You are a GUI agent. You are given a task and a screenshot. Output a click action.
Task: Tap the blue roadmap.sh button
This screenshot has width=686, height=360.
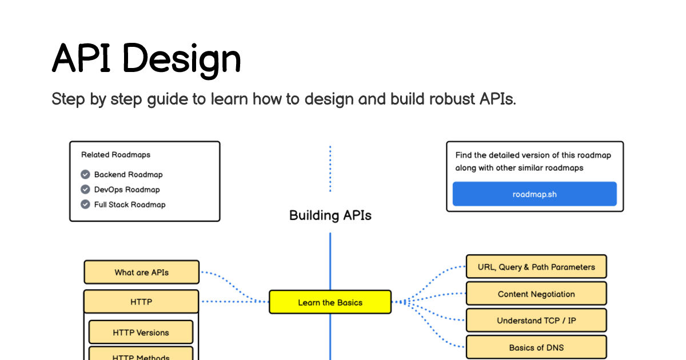pos(535,194)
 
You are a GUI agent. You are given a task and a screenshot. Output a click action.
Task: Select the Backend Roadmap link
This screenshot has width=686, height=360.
pos(128,175)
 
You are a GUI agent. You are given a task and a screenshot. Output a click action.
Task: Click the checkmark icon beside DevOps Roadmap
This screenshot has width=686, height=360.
pos(85,190)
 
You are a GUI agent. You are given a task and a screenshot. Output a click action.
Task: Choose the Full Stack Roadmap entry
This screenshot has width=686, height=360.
pos(130,205)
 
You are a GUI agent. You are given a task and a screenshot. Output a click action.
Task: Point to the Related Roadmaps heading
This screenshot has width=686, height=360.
pos(115,155)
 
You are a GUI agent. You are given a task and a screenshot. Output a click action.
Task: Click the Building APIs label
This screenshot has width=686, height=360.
pos(330,215)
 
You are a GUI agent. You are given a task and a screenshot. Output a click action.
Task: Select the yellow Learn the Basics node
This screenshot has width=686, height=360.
pos(330,302)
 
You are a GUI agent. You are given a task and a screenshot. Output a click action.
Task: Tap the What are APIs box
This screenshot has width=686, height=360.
pos(141,273)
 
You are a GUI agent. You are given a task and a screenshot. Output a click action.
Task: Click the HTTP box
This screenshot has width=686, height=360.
pos(141,301)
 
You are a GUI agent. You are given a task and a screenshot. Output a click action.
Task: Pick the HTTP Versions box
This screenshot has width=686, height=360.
pos(141,332)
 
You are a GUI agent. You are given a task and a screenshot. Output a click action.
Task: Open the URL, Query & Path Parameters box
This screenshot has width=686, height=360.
pos(536,267)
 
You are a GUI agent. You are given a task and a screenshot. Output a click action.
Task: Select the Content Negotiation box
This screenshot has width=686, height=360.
pos(536,294)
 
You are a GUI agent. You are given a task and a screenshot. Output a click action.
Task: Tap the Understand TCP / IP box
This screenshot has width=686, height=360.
pos(536,321)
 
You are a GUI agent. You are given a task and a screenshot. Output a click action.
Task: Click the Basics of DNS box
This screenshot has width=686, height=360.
pos(536,347)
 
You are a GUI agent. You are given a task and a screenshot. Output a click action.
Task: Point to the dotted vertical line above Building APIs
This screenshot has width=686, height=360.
pos(330,169)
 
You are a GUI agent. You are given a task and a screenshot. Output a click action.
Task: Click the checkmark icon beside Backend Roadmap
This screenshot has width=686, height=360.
pos(85,175)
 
